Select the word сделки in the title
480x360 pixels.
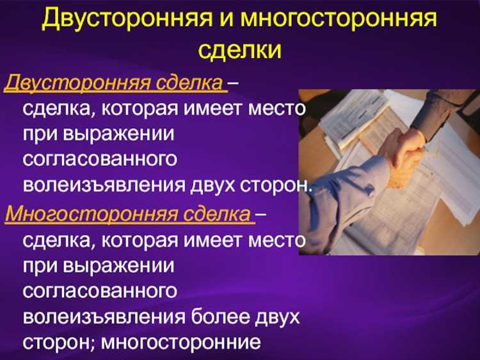(239, 49)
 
